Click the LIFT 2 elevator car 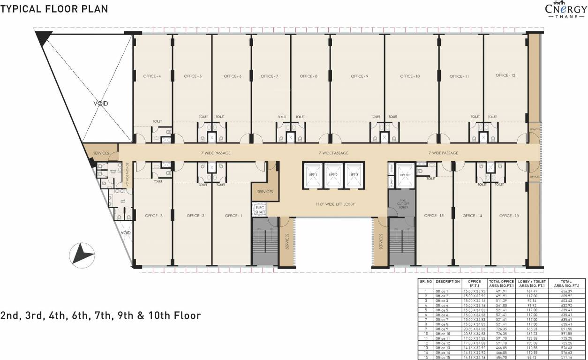333,175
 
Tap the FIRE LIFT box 406,175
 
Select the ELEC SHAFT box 260,210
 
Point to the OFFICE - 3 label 154,216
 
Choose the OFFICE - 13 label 509,216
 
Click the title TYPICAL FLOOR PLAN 54,9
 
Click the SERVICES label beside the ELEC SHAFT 265,192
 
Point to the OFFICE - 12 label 505,75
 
